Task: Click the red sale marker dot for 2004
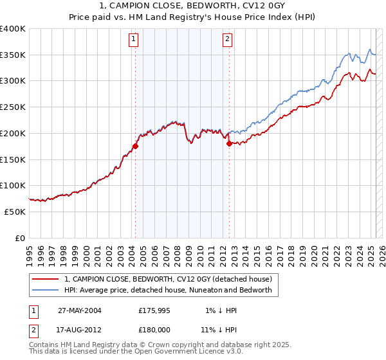point(136,146)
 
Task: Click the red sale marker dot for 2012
point(229,143)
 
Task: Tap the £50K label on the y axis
point(15,212)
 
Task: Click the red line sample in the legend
point(46,279)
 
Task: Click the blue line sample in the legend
point(46,290)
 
